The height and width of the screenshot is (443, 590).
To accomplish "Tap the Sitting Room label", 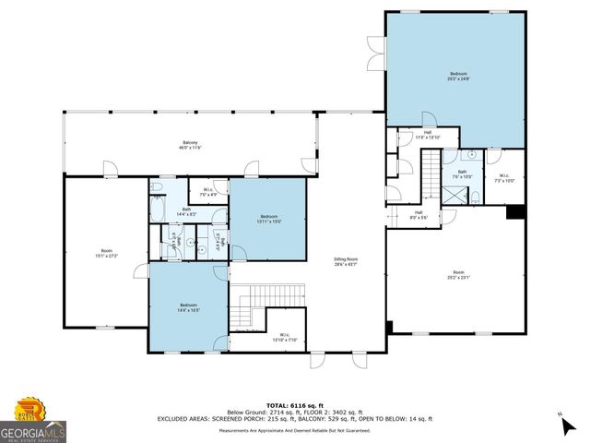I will click(x=346, y=262).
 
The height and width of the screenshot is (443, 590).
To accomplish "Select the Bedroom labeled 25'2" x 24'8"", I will click(x=458, y=76).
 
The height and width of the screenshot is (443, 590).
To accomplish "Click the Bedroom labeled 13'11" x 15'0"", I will click(x=270, y=219).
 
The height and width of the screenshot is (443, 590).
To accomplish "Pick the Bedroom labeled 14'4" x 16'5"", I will click(x=188, y=307).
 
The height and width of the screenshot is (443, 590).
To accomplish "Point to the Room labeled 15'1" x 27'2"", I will click(x=106, y=253).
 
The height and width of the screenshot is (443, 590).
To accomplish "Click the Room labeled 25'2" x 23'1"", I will click(x=458, y=275).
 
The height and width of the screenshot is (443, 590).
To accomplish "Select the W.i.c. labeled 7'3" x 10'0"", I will click(x=503, y=177).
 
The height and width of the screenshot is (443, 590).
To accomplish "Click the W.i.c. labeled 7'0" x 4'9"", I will click(x=207, y=192).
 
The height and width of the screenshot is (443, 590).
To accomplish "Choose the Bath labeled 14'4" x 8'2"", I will click(x=186, y=211).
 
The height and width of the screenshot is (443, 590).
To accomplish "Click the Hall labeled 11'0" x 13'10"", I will click(x=428, y=135).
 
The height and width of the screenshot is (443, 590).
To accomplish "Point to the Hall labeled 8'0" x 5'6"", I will click(x=419, y=216).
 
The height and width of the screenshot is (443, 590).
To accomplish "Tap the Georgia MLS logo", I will click(x=33, y=421).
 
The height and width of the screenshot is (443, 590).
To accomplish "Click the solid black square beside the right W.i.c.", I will click(x=515, y=212).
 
